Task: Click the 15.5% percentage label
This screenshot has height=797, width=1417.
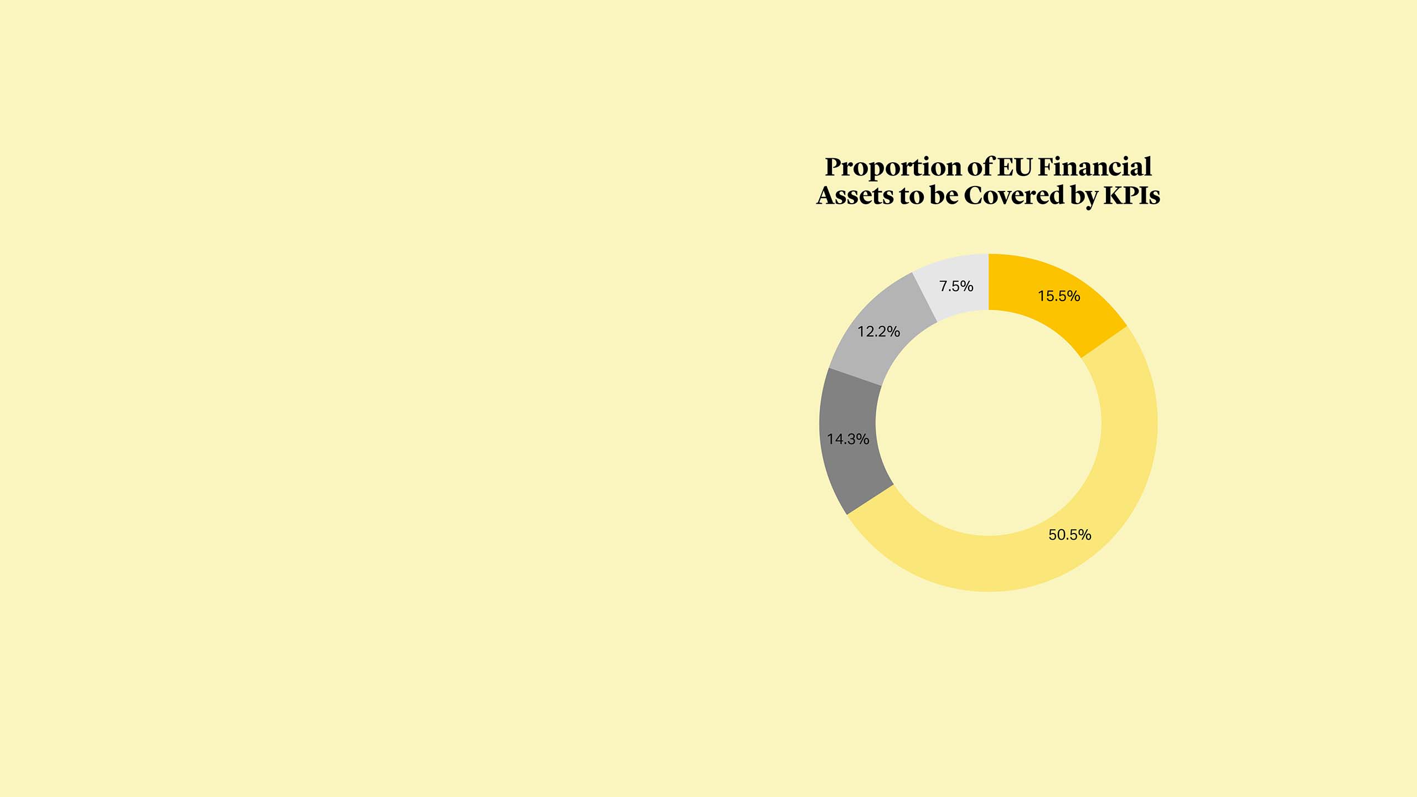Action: (1058, 296)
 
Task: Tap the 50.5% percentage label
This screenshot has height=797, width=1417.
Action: (1069, 535)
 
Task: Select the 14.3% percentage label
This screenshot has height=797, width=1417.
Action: (848, 439)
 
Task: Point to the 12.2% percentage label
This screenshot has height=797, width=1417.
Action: (878, 332)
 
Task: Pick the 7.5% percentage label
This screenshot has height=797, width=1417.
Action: (956, 286)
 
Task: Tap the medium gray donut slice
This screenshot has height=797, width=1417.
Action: (880, 332)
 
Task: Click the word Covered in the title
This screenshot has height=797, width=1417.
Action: (1015, 195)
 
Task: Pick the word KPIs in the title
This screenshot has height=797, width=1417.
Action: (1131, 195)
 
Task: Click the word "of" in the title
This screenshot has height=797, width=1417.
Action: (980, 167)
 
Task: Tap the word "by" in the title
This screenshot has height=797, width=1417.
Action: (1084, 197)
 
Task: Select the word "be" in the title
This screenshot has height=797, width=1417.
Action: (945, 195)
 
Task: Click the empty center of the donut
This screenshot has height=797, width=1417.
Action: (989, 423)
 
